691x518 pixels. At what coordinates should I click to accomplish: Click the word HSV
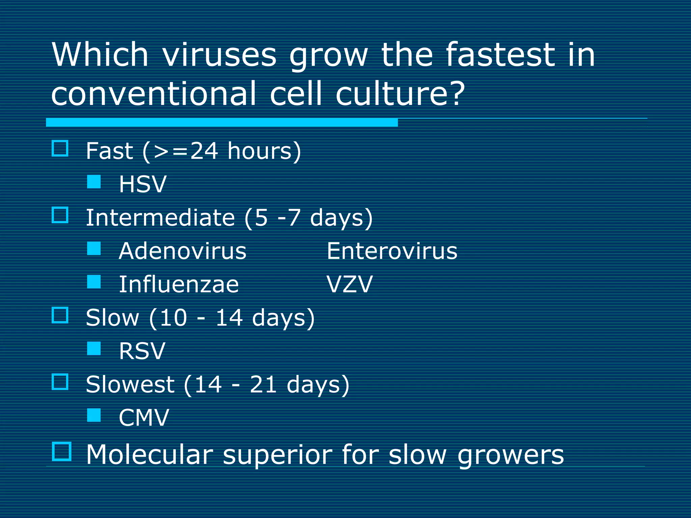(x=143, y=184)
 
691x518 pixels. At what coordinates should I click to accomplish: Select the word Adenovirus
(x=183, y=251)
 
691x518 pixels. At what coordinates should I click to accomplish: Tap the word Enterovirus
(x=392, y=251)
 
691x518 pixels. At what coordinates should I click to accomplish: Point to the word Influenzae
(x=179, y=284)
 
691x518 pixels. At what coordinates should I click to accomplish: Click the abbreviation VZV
(x=349, y=284)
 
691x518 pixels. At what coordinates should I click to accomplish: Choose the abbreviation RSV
(x=142, y=351)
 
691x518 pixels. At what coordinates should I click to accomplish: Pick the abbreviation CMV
(x=144, y=418)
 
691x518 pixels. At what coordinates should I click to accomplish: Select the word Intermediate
(x=160, y=218)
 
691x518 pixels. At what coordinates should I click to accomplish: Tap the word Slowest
(x=130, y=384)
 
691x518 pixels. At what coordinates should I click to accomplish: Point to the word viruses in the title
(x=220, y=55)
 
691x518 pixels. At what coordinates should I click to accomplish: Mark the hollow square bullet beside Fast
(x=60, y=148)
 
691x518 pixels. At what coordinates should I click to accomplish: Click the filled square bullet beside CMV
(x=94, y=415)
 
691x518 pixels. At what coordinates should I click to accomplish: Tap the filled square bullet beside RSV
(x=94, y=348)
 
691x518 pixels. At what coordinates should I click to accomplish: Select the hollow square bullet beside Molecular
(x=62, y=452)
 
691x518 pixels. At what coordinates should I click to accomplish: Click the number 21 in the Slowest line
(x=264, y=384)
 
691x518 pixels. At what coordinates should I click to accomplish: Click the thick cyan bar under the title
(x=222, y=122)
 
